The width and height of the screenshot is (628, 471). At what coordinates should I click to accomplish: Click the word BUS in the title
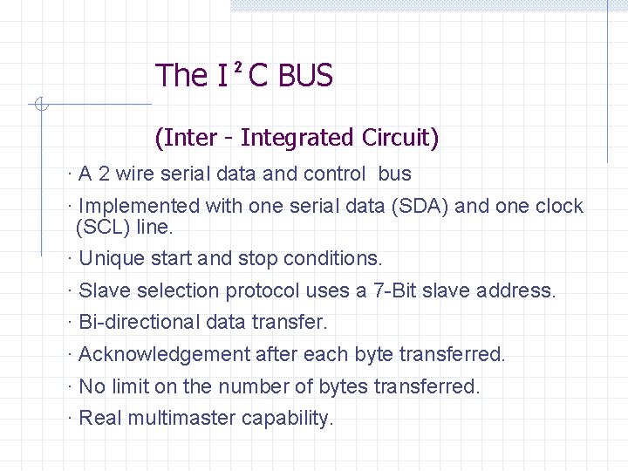[305, 76]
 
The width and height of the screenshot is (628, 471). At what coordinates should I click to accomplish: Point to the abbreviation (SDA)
[420, 207]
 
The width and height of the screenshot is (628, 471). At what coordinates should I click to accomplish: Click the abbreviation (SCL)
[101, 228]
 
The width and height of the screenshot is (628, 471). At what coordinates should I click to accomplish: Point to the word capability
[287, 419]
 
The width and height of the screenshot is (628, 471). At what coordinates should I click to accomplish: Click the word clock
[559, 207]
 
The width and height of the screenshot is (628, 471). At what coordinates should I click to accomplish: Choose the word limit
[133, 386]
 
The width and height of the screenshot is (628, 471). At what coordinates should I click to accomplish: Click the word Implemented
[139, 207]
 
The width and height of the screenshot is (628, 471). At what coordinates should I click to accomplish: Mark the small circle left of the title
[40, 106]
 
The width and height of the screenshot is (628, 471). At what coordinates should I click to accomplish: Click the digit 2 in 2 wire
[104, 174]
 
